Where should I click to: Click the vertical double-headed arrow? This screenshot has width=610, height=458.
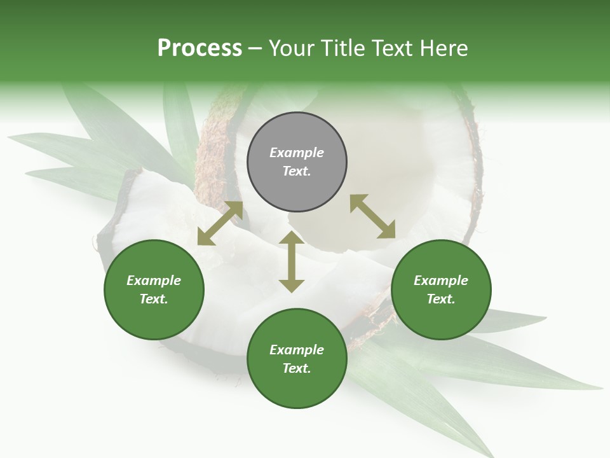click(292, 261)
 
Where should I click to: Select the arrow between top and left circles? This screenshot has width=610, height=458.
click(220, 223)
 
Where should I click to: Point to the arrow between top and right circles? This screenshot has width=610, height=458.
click(372, 216)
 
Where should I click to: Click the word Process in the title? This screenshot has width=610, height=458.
click(200, 48)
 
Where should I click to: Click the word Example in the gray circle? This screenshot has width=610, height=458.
click(297, 153)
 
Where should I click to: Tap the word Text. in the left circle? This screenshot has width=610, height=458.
click(154, 299)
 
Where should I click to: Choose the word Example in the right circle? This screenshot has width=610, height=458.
click(441, 281)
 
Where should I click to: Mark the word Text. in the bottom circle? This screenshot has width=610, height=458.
click(297, 368)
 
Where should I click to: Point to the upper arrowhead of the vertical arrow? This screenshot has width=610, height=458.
click(292, 239)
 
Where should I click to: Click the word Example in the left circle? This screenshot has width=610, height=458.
click(154, 281)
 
